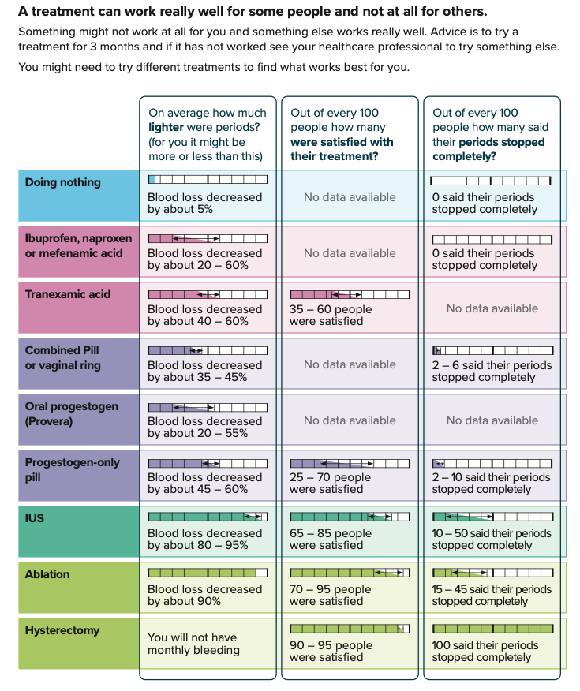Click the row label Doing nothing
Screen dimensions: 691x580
(63, 182)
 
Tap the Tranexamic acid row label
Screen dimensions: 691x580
(68, 294)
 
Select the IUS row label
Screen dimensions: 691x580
(36, 518)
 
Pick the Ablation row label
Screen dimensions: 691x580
(47, 574)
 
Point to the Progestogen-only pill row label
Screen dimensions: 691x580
(72, 469)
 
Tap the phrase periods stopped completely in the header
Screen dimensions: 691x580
(489, 149)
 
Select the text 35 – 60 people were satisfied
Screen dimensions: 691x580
(330, 316)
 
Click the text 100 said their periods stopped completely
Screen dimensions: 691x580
(485, 652)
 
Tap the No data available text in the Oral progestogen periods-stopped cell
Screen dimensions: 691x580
(492, 420)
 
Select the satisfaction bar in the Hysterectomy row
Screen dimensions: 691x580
(350, 629)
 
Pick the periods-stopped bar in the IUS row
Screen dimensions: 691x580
(492, 517)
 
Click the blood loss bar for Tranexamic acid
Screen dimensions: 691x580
(208, 294)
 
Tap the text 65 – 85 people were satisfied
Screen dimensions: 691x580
(330, 540)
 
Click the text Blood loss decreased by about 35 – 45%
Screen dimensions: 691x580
(204, 372)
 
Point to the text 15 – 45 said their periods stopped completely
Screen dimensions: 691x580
(491, 596)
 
